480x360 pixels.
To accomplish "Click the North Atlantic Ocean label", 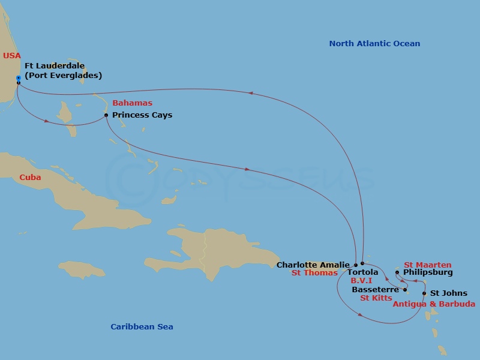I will [374, 43].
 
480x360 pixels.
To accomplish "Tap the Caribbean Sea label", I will [142, 326].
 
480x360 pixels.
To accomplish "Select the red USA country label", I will [12, 55].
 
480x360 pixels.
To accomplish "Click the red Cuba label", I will [30, 177].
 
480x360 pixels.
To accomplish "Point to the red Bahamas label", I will [132, 103].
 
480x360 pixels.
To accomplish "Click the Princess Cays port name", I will [142, 115].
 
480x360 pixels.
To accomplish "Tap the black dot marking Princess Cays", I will [106, 115].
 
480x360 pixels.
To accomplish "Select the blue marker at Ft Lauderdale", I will [19, 78].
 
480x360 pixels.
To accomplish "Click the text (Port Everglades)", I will [63, 75].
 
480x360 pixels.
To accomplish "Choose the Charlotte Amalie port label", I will [313, 265].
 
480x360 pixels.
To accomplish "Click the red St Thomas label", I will [314, 273].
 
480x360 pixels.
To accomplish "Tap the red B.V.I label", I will [362, 280].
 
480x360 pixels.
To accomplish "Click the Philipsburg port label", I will [428, 272].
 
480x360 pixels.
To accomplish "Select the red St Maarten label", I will [427, 265].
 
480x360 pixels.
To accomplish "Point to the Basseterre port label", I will [375, 289].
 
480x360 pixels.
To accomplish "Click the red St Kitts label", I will [376, 298].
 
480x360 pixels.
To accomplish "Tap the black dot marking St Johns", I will [424, 293].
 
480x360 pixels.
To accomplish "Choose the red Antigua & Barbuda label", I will [434, 304].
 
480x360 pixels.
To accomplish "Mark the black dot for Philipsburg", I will [397, 272].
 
